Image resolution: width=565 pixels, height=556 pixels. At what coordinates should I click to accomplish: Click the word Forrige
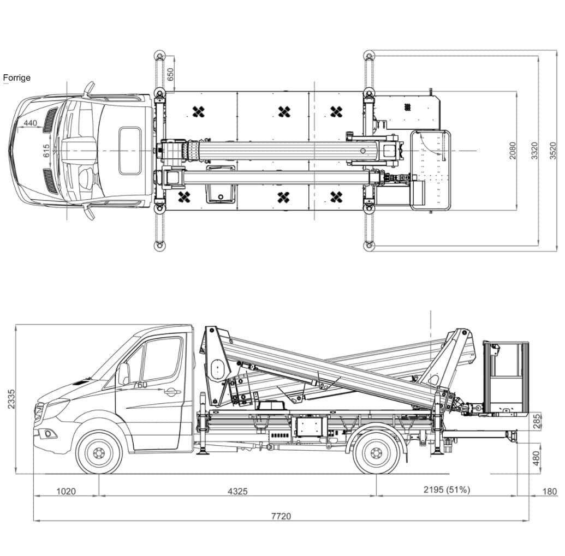[16, 78]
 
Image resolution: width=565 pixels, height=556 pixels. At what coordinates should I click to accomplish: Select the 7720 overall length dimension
[281, 516]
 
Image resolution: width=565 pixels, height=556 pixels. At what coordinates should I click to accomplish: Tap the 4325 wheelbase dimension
[237, 491]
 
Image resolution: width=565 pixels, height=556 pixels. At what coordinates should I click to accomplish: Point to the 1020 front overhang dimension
[66, 491]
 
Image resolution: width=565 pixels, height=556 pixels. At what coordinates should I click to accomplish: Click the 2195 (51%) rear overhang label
[447, 489]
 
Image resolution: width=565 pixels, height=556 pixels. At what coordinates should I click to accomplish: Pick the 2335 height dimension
[11, 399]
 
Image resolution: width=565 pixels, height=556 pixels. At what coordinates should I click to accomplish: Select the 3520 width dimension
[553, 151]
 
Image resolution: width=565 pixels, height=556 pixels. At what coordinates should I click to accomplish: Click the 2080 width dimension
[513, 151]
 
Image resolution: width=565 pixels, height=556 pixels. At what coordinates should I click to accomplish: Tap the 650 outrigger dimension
[170, 74]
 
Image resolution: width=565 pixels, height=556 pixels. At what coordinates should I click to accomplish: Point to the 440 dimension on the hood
[30, 123]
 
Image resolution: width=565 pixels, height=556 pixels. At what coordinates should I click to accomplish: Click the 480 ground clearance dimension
[537, 458]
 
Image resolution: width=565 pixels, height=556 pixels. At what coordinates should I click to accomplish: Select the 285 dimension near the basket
[537, 421]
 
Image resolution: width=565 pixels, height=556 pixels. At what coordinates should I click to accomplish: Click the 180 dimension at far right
[550, 491]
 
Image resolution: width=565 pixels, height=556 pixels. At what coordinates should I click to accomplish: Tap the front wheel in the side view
[99, 452]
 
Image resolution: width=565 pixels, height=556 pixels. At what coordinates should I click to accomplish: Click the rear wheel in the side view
[376, 452]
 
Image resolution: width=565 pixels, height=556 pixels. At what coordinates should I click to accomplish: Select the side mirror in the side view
[123, 374]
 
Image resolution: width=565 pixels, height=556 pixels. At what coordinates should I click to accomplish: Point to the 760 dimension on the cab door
[140, 385]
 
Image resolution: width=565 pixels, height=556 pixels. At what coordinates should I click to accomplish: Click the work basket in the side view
[505, 378]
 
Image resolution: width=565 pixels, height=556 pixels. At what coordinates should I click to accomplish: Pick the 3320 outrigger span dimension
[534, 151]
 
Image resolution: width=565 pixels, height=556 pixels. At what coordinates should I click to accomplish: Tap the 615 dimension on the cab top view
[46, 151]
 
